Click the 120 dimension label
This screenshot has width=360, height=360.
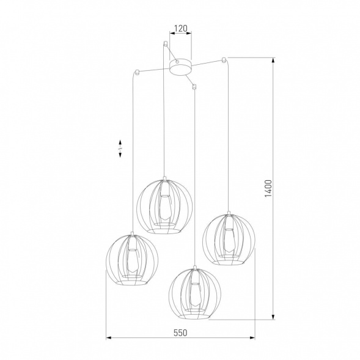pyautogui.click(x=180, y=28)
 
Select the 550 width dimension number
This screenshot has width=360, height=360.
pyautogui.click(x=179, y=332)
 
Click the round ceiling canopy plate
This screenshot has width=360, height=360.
pyautogui.click(x=178, y=67)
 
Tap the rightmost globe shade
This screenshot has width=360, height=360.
pyautogui.click(x=228, y=239)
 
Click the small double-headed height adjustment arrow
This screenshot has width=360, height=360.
pyautogui.click(x=120, y=147)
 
